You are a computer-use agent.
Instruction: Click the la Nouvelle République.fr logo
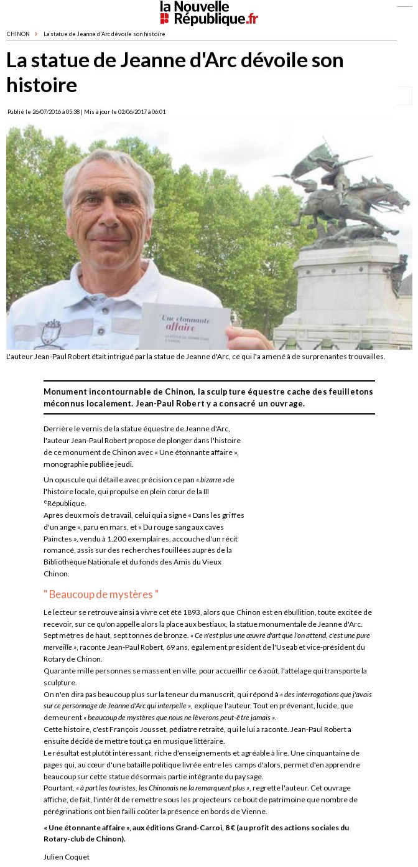[208, 13]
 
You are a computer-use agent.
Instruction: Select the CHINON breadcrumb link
[18, 34]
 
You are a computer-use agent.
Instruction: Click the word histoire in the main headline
[42, 85]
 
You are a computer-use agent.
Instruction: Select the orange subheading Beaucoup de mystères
[101, 594]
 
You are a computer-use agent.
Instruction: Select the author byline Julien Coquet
[67, 857]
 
